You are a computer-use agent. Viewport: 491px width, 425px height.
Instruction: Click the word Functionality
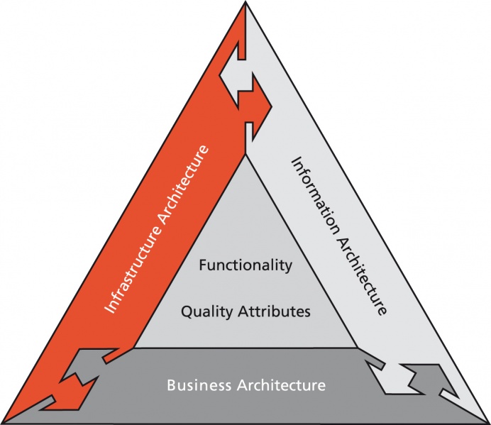point(245,266)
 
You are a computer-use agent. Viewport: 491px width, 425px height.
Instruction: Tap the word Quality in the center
point(203,311)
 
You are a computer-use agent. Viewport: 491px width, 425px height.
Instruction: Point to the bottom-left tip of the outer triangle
point(3,421)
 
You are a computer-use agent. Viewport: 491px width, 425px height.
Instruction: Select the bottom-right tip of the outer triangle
point(488,421)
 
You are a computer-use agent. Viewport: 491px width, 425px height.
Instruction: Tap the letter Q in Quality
point(187,311)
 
